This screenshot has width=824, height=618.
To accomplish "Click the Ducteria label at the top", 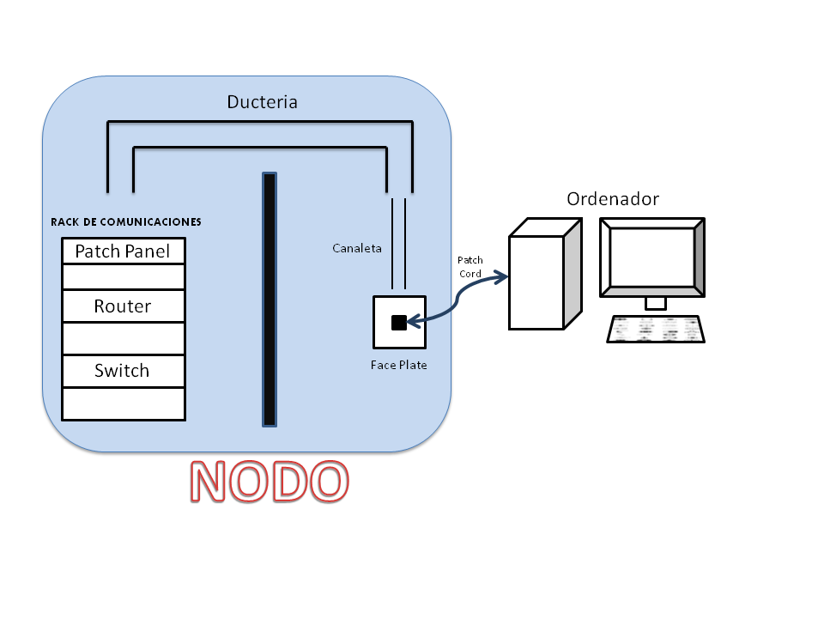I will click(x=262, y=102).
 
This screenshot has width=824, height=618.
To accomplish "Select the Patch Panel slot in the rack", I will click(x=124, y=251).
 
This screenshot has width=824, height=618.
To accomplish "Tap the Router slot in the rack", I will click(x=124, y=306).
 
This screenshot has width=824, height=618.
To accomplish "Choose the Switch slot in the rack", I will click(x=124, y=371).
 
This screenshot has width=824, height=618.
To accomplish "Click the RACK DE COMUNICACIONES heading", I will click(x=126, y=221).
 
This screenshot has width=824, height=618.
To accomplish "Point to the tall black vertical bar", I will click(x=270, y=300).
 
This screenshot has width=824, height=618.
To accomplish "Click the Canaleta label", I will click(x=357, y=249).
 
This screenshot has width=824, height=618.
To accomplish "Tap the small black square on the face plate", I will click(x=398, y=323).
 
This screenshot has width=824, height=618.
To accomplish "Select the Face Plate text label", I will click(x=398, y=365).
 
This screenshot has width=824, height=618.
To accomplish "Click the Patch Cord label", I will click(x=470, y=266).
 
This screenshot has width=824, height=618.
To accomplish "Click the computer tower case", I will click(x=536, y=282).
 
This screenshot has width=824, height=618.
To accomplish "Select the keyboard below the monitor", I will click(x=656, y=329).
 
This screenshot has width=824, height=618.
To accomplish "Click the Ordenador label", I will click(x=613, y=199).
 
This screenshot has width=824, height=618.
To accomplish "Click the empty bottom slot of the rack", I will click(x=124, y=403).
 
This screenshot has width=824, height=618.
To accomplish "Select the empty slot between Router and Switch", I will click(x=124, y=338).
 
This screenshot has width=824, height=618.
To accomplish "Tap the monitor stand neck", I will click(x=655, y=303).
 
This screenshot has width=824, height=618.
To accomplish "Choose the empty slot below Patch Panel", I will click(x=124, y=276).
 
